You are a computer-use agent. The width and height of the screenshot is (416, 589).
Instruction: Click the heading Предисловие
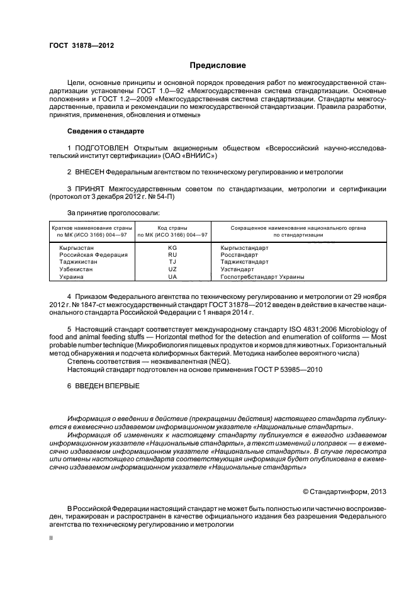point(218,65)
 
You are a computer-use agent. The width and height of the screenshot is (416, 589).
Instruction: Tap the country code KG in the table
point(172,247)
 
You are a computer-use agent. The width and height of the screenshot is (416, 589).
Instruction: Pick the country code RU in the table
point(172,255)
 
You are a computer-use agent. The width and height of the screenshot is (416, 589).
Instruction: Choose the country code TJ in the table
point(172,262)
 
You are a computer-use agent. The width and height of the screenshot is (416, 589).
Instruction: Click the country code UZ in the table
point(172,269)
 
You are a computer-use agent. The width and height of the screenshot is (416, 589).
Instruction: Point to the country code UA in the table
point(172,276)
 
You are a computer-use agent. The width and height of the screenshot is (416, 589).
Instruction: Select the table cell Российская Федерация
point(93,255)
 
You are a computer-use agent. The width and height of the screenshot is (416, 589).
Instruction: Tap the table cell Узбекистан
point(76,269)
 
